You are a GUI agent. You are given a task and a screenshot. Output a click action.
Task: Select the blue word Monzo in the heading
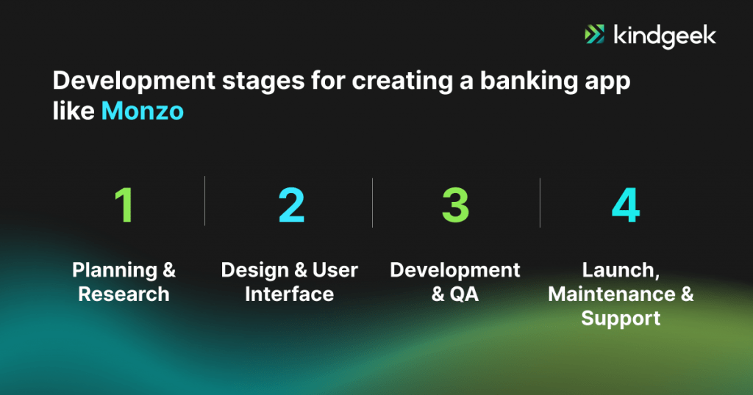pos(143,111)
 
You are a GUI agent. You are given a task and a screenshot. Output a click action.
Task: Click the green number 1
pos(124,205)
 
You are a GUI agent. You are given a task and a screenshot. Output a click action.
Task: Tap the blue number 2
pos(290,205)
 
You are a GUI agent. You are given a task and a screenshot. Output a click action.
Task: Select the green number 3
pos(455,205)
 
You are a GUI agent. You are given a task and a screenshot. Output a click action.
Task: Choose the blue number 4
pos(625,205)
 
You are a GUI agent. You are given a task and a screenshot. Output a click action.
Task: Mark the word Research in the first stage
pos(124,294)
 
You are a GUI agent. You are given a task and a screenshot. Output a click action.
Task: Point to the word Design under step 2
pos(254,270)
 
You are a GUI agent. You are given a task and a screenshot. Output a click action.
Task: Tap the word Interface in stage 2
pos(289,294)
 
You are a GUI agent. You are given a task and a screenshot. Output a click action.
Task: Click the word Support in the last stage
pos(621,319)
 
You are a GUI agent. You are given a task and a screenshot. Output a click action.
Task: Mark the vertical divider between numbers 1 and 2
pos(205,201)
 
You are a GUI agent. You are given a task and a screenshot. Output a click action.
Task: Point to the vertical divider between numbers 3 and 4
pos(540,201)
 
